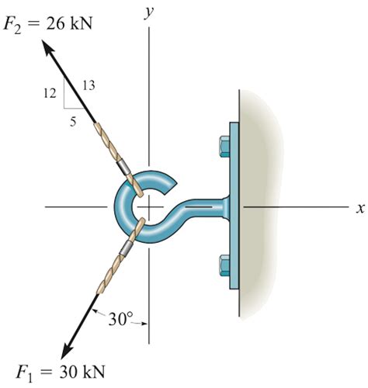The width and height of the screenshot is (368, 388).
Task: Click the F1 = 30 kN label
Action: (57, 370)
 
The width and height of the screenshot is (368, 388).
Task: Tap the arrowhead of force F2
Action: (49, 49)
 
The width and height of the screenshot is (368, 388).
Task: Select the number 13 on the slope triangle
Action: (88, 85)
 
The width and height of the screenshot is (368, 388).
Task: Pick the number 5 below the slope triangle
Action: (72, 120)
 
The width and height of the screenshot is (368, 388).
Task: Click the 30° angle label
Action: (120, 317)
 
